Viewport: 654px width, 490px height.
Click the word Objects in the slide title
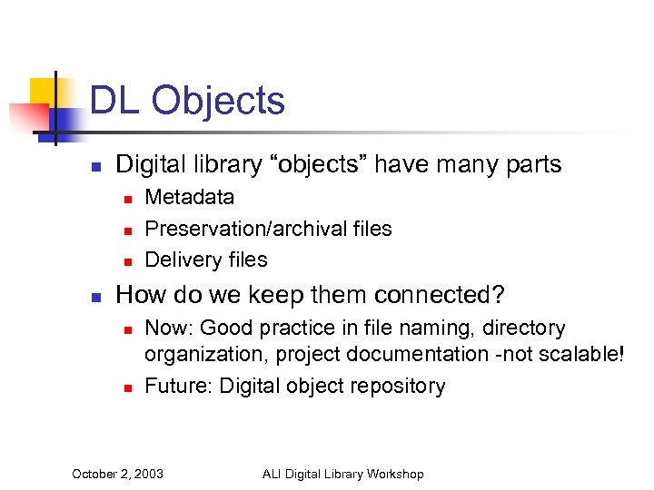coord(218,101)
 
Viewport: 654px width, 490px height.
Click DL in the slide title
coord(114,101)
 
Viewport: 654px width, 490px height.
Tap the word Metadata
coord(189,197)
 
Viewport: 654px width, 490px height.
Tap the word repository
coord(398,386)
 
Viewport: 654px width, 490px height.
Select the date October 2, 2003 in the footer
coord(117,474)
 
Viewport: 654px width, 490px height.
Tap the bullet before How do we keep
coord(96,297)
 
